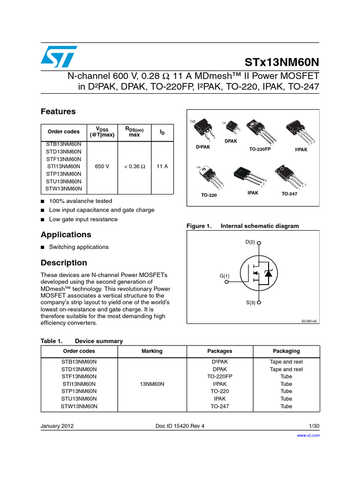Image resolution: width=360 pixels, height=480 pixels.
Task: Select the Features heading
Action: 58,112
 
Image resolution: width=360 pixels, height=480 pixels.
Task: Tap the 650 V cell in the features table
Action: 102,166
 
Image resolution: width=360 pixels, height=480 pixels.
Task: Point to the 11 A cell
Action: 162,166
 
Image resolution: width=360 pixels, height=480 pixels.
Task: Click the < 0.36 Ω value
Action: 134,166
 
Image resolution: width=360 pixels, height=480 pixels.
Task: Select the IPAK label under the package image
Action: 253,193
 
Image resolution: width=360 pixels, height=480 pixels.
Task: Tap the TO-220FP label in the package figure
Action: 260,149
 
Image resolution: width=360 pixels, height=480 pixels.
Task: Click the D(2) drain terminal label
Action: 250,242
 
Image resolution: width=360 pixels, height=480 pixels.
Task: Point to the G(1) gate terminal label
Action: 225,276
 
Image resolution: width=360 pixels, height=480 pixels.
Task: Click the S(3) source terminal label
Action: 250,303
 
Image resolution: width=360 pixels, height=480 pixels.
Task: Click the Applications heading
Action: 66,234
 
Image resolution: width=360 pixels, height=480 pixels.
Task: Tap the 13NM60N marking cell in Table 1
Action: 151,384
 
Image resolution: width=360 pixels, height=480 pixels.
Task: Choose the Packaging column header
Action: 286,351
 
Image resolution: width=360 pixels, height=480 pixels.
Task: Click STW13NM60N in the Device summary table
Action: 79,406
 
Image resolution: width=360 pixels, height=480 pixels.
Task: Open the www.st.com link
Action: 308,435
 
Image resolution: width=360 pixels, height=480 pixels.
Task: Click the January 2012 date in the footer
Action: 57,426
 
